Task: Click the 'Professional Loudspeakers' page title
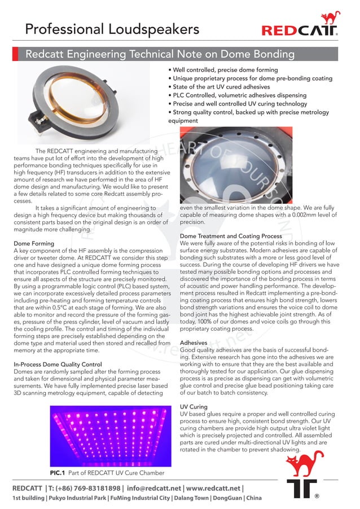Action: [x=112, y=29]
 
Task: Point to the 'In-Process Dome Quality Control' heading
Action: [x=58, y=365]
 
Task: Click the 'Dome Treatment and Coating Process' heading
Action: [x=231, y=236]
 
